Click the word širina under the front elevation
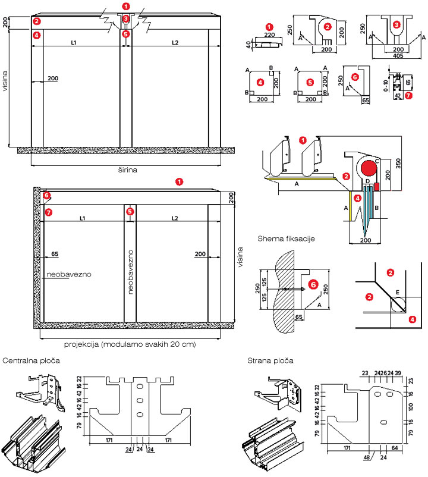click(x=128, y=170)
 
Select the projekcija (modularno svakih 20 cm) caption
click(x=129, y=344)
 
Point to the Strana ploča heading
click(x=272, y=360)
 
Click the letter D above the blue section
click(x=367, y=181)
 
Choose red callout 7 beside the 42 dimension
click(x=408, y=95)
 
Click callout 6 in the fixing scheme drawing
click(x=314, y=287)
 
